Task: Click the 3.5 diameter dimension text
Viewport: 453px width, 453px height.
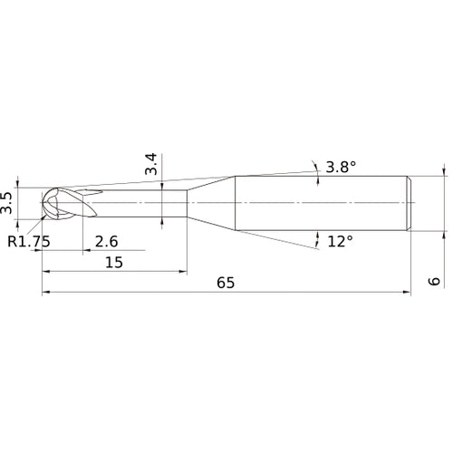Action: click(8, 201)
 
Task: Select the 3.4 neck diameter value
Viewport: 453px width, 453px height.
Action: click(151, 164)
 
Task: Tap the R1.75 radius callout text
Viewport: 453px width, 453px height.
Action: click(27, 241)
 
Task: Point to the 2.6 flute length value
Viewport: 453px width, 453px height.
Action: click(105, 241)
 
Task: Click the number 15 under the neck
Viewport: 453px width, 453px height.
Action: click(114, 262)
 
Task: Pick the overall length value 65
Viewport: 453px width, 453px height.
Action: click(226, 283)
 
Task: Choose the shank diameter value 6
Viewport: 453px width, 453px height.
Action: click(435, 282)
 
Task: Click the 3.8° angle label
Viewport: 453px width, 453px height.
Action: click(341, 167)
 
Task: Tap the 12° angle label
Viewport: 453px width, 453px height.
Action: click(339, 241)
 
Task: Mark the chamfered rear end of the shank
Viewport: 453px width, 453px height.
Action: click(410, 201)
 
